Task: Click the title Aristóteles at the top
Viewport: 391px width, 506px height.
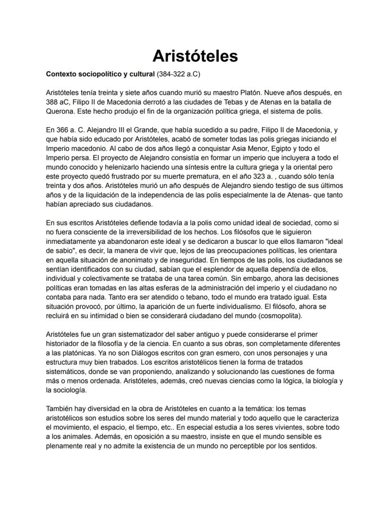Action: [195, 56]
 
